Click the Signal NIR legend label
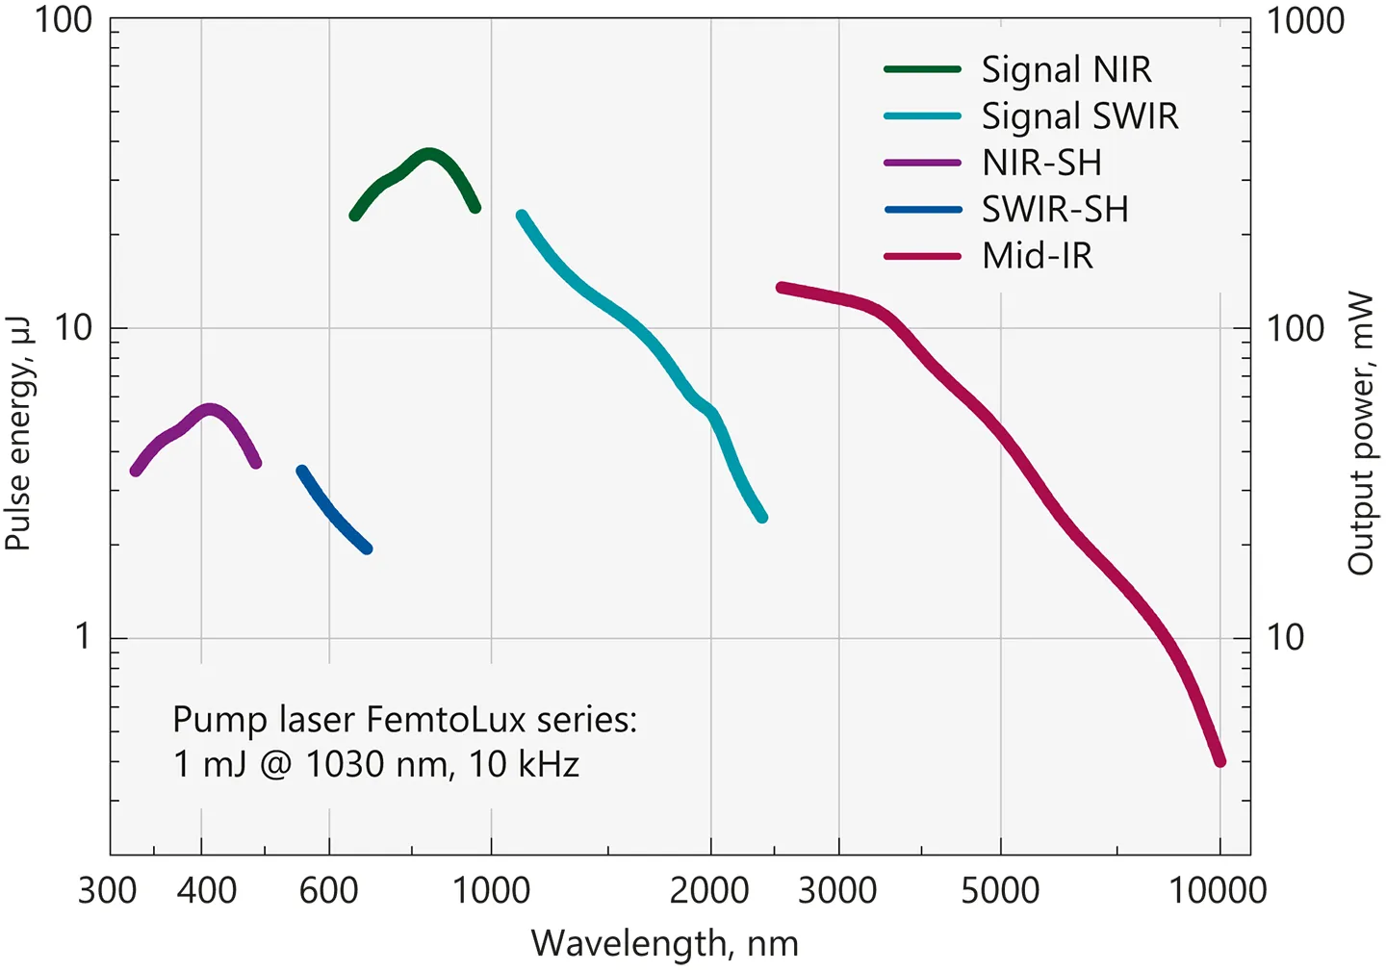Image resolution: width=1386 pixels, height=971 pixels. tap(1065, 69)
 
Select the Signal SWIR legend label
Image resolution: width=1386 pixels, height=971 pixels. tap(1079, 116)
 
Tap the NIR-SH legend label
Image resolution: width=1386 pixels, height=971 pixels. tap(1041, 163)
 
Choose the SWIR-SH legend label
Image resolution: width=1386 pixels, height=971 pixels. tap(1055, 209)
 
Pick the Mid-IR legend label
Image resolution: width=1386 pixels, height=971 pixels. tap(1038, 256)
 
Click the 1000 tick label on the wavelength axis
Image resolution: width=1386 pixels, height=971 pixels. tap(491, 890)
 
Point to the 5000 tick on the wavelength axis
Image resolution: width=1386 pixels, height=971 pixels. tap(1000, 890)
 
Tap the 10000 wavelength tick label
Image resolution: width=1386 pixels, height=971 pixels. tap(1218, 890)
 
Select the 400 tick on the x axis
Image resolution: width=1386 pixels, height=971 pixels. tap(206, 890)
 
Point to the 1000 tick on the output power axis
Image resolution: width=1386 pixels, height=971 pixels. tap(1304, 20)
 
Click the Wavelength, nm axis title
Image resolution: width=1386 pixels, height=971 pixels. tap(664, 944)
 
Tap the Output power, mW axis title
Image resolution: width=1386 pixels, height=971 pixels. tap(1360, 433)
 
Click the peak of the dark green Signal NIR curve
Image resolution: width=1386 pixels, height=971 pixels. tap(429, 153)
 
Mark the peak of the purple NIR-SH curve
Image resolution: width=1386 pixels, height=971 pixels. tap(210, 410)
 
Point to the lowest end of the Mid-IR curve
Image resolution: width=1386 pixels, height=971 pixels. tap(1220, 761)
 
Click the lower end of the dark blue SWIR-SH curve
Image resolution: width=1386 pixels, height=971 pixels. tap(367, 549)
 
